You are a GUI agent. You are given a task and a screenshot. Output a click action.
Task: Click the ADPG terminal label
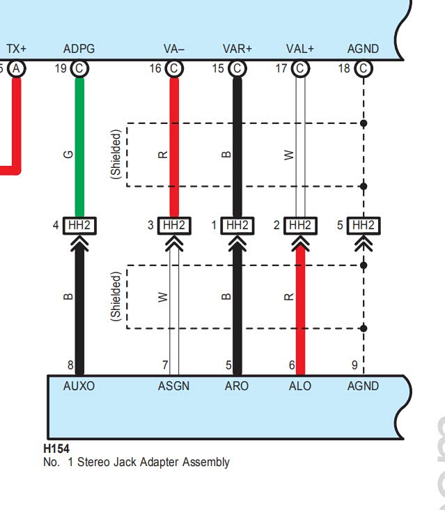(79, 49)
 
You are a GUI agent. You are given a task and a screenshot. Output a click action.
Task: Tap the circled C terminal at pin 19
(79, 69)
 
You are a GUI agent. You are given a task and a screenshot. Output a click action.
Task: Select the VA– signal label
(174, 49)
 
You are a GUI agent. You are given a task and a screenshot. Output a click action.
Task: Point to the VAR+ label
(237, 49)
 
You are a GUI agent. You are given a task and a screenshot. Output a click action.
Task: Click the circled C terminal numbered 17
(300, 69)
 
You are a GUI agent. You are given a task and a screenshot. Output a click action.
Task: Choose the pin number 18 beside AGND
(344, 68)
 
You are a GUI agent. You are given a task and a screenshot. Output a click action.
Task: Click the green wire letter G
(68, 154)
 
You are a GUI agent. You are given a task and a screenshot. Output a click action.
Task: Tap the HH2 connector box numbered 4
(79, 226)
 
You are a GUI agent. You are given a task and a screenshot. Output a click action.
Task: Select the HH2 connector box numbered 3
(174, 226)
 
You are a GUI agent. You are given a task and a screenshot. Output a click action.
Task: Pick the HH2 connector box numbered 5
(364, 226)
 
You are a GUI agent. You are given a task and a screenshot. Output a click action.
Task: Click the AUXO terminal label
(79, 386)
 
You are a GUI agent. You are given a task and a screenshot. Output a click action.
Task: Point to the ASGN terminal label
(173, 386)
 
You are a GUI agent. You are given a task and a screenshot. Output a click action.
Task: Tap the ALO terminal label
(300, 386)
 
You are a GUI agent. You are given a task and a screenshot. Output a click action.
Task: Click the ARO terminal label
(237, 386)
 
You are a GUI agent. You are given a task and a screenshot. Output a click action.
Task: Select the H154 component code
(56, 449)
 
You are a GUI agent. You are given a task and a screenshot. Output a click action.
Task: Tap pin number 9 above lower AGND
(354, 365)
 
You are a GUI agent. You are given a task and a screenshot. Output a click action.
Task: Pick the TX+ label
(16, 49)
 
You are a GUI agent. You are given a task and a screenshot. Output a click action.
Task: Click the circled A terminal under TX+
(16, 69)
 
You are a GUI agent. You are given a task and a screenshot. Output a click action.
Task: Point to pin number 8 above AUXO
(70, 365)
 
